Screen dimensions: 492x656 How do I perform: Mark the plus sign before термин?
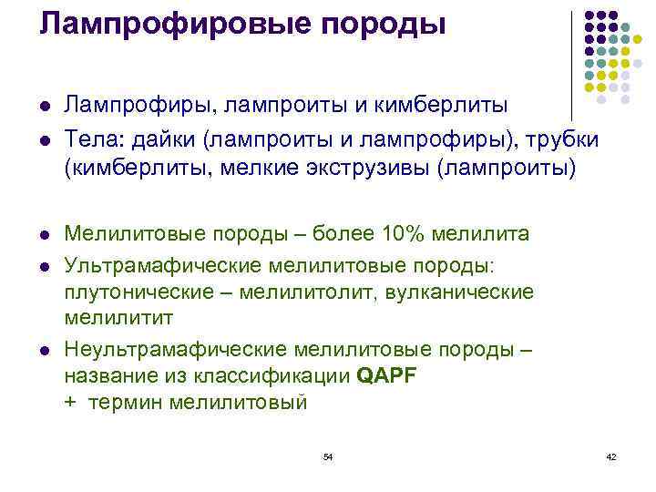point(71,403)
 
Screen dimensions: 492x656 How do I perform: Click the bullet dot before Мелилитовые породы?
point(44,235)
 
